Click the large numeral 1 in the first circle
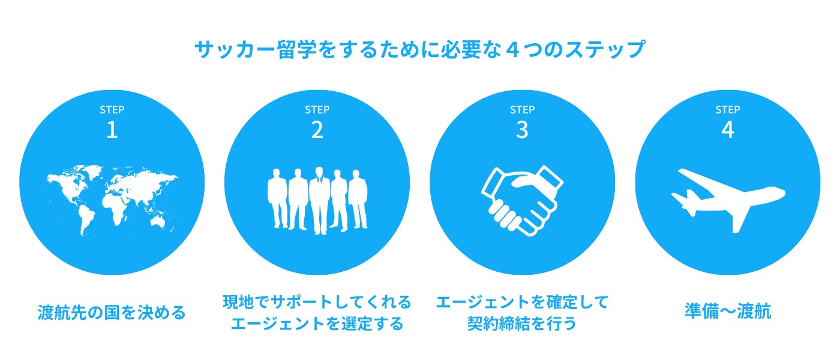(x=112, y=130)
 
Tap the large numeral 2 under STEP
(x=317, y=130)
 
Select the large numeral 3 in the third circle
(x=522, y=130)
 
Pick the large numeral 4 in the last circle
(x=727, y=130)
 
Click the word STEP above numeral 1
(x=112, y=110)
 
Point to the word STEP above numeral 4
(x=727, y=110)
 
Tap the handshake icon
(x=522, y=201)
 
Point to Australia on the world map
(x=158, y=223)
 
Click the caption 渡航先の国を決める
(x=112, y=313)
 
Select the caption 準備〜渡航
(x=727, y=313)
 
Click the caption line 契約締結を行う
(x=522, y=324)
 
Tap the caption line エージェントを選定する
(x=317, y=324)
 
